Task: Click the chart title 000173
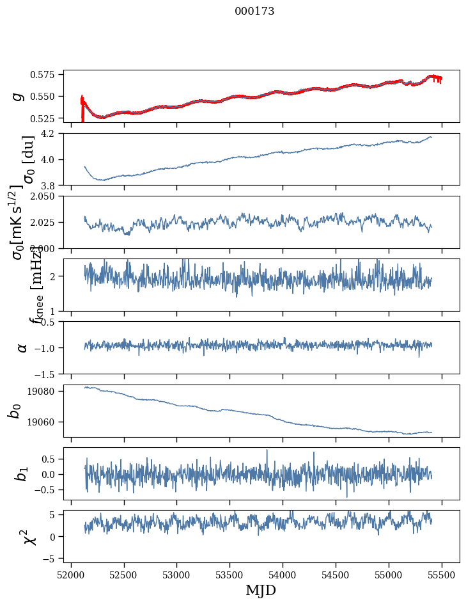coord(254,12)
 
